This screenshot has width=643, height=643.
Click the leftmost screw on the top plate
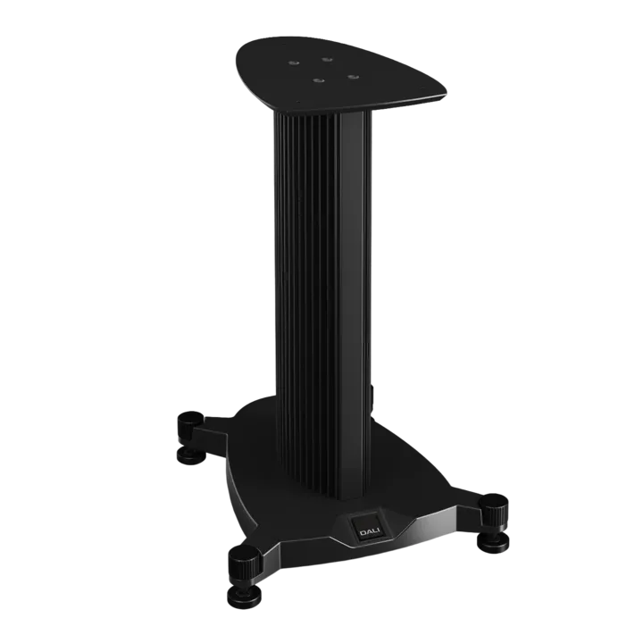coord(293,63)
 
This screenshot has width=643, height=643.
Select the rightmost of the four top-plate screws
coord(353,77)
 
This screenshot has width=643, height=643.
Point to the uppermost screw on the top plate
coord(327,61)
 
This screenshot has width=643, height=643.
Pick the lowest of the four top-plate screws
coord(317,80)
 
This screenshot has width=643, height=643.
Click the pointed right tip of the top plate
coord(446,96)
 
